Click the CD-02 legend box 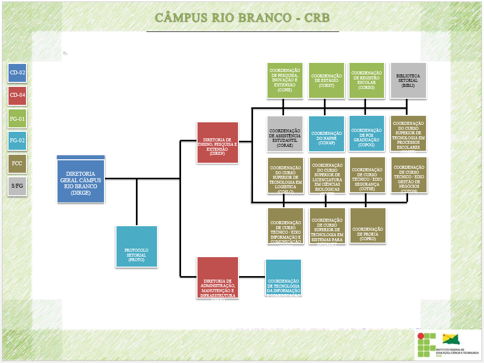[x=17, y=73]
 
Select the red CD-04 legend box [x=17, y=95]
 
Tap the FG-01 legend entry [x=17, y=119]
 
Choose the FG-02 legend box [x=17, y=140]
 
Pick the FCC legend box [x=17, y=163]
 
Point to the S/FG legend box [x=17, y=186]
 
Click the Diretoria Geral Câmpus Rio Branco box [x=81, y=180]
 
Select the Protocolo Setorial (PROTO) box [x=136, y=246]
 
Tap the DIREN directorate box [x=217, y=142]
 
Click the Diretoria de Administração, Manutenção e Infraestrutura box [x=217, y=278]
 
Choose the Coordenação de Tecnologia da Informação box [x=283, y=278]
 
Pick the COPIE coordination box [x=284, y=80]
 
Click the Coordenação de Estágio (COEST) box [x=326, y=80]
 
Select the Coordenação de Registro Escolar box [x=366, y=80]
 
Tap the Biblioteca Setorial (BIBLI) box [x=408, y=80]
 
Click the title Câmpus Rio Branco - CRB [x=242, y=18]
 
